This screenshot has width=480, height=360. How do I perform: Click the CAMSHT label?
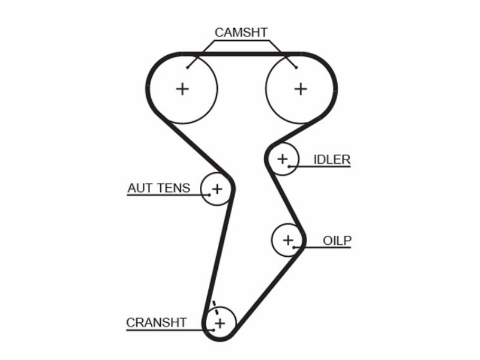[241, 32]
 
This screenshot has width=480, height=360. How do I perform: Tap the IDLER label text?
[332, 160]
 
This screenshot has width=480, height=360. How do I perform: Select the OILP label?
[337, 241]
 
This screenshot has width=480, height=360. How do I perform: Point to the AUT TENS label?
[159, 188]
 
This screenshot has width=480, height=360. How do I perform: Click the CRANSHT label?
[157, 323]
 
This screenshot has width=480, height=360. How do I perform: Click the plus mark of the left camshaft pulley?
[182, 89]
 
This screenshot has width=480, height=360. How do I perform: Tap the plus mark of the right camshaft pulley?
[301, 89]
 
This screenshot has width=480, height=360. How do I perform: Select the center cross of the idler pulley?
[282, 159]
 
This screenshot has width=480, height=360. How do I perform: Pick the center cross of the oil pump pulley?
[288, 240]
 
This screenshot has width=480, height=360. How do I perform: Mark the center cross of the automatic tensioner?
[217, 189]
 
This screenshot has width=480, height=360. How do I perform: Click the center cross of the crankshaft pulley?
[220, 323]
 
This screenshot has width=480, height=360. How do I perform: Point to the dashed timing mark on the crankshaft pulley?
[216, 308]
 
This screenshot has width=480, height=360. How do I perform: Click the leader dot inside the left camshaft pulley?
[187, 68]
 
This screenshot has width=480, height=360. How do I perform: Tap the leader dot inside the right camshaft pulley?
[296, 68]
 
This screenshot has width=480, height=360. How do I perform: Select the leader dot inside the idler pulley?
[289, 167]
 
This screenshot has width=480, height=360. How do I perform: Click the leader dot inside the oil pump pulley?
[293, 247]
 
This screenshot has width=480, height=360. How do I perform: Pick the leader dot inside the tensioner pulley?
[209, 194]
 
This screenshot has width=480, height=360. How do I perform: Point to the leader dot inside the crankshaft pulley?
[213, 329]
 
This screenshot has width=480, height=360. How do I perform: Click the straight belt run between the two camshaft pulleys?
[242, 54]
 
